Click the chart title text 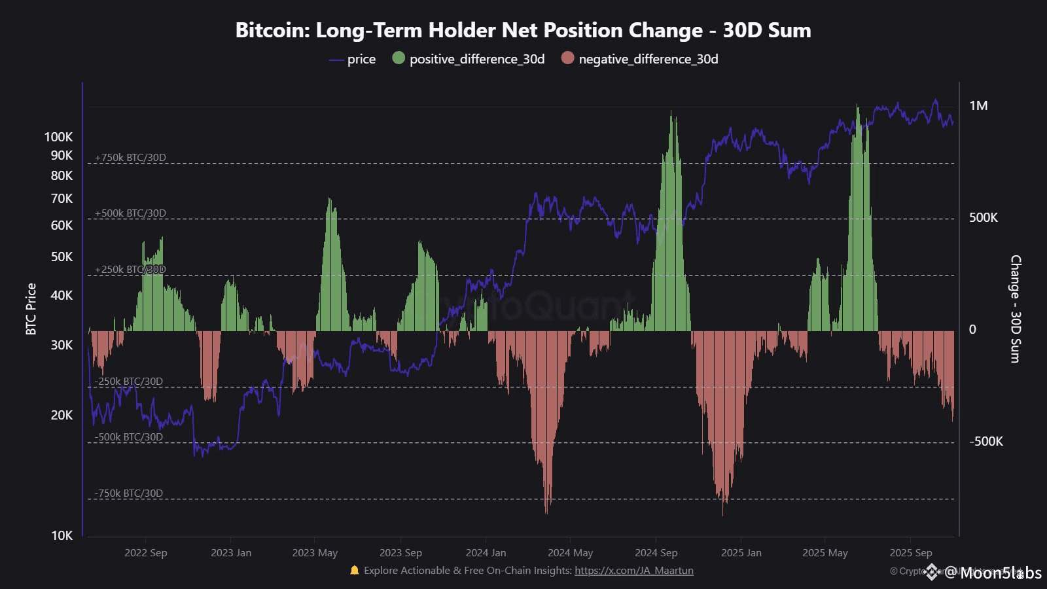[x=523, y=30]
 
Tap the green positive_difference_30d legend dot [x=399, y=58]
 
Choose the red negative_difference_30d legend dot [x=567, y=58]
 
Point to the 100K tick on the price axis [x=59, y=137]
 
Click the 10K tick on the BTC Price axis [x=62, y=535]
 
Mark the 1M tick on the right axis [x=978, y=106]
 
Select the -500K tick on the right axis [x=985, y=442]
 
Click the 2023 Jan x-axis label [x=231, y=553]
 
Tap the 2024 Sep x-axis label [x=656, y=553]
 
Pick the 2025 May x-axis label [x=825, y=553]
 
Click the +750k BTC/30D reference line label [x=130, y=158]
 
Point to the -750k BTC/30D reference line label [x=128, y=493]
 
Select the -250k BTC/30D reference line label [x=128, y=382]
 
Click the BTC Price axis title [x=31, y=309]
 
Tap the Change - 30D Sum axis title [x=1016, y=309]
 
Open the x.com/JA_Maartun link [x=633, y=571]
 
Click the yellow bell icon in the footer [x=355, y=570]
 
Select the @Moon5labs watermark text [x=993, y=573]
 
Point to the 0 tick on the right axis [x=972, y=330]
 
